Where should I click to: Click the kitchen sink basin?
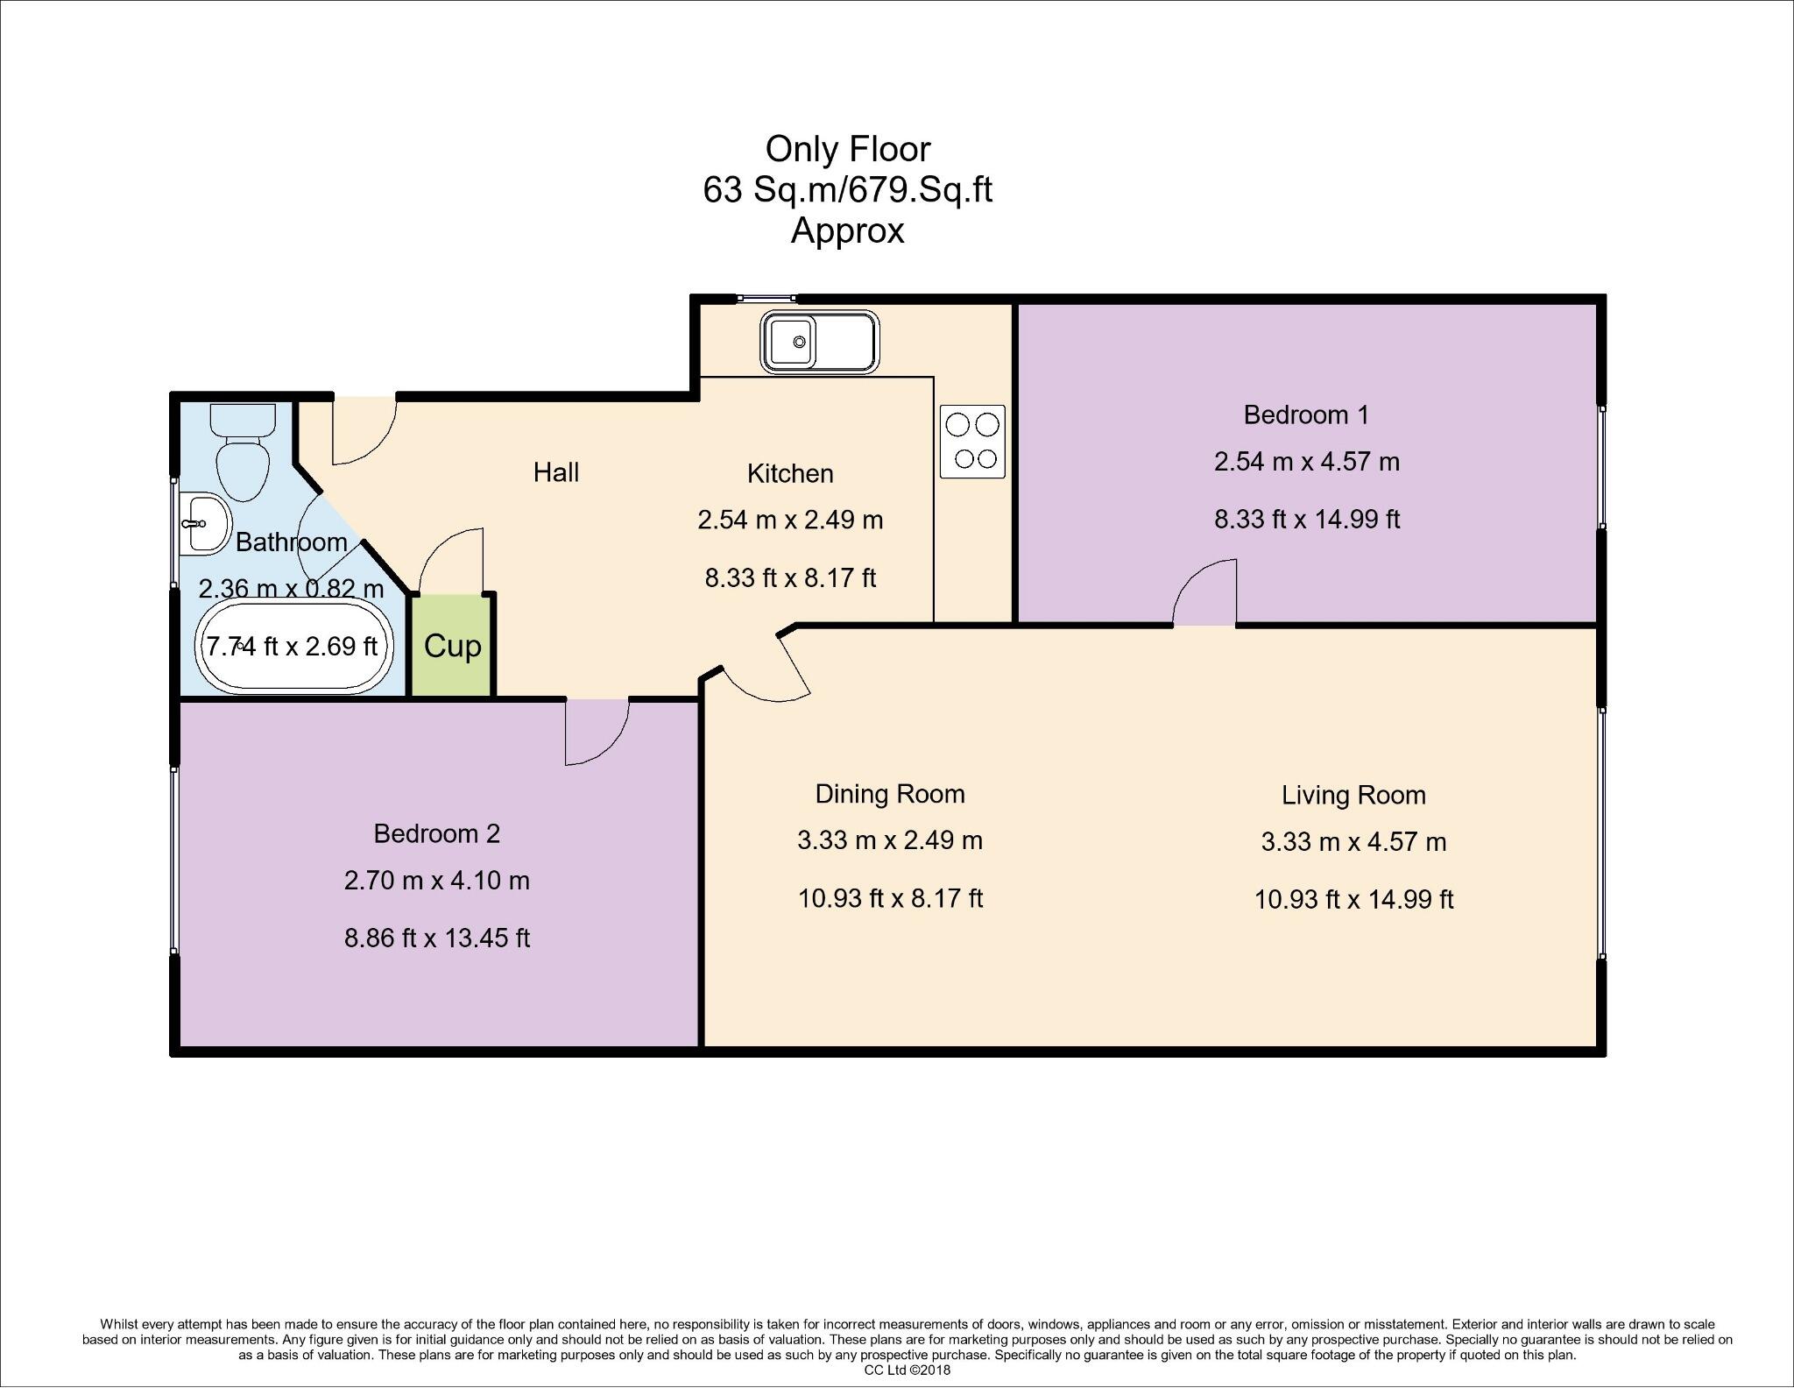tap(792, 342)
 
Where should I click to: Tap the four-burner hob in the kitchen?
tap(972, 442)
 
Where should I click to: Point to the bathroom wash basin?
tap(203, 524)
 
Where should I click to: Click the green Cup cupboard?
tap(452, 647)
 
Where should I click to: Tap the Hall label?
tap(556, 472)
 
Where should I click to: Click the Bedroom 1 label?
tap(1305, 414)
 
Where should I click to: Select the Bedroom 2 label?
tap(436, 833)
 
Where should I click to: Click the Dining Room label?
tap(890, 794)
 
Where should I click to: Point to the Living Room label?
tap(1353, 795)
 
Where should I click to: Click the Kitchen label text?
tap(789, 474)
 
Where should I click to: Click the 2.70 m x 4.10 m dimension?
tap(436, 880)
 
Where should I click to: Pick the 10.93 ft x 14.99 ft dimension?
tap(1353, 900)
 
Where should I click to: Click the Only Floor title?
tap(847, 149)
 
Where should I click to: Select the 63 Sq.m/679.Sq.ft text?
tap(847, 190)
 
